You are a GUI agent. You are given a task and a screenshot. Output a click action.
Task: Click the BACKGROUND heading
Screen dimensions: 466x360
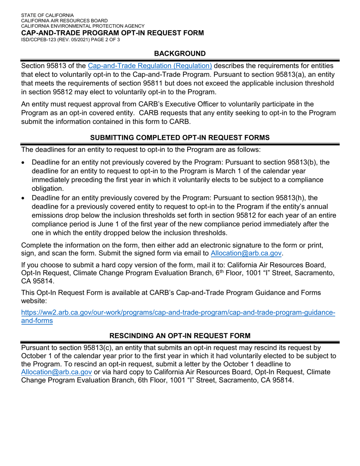pyautogui.click(x=180, y=54)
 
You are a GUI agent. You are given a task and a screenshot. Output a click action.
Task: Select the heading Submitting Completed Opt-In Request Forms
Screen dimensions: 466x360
pyautogui.click(x=180, y=139)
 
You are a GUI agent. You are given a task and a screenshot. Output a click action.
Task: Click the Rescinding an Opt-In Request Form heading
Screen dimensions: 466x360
pyautogui.click(x=180, y=336)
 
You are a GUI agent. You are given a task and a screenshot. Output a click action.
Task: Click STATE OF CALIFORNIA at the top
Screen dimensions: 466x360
pyautogui.click(x=47, y=15)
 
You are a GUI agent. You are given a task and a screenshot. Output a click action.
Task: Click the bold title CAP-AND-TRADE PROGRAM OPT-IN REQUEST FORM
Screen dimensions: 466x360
pyautogui.click(x=113, y=33)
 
